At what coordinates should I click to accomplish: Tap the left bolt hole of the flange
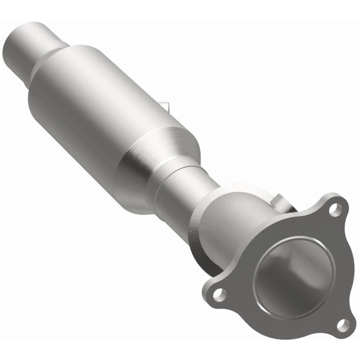coord(219,294)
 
